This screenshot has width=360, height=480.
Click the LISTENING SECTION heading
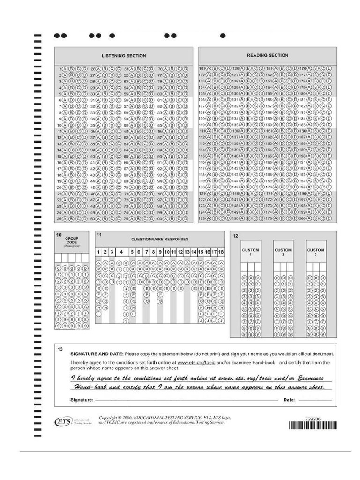[x=124, y=56]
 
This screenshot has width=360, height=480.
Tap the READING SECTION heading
[x=268, y=55]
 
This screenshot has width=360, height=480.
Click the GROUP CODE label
[x=72, y=240]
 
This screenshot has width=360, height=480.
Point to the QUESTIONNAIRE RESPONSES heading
[x=159, y=239]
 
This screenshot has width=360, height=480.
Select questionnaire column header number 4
[x=121, y=252]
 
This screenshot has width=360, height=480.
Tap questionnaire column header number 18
[x=221, y=252]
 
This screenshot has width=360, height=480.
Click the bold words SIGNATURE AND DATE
[x=97, y=354]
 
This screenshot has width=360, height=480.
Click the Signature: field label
[x=82, y=400]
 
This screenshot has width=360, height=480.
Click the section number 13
[x=60, y=349]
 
